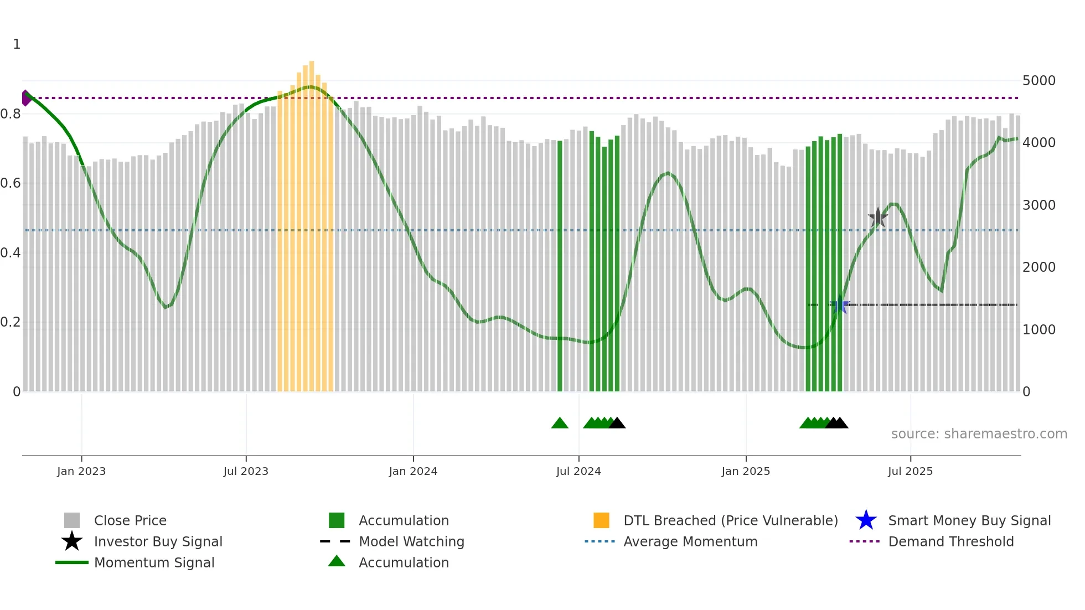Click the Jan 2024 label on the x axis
(413, 471)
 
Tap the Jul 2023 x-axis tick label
(246, 471)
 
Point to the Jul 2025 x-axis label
(910, 471)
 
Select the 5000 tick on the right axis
(1038, 81)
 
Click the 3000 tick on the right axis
(1038, 205)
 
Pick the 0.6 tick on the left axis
(11, 183)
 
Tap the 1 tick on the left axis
(17, 44)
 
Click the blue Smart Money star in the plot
(840, 305)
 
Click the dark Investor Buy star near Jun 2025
(877, 218)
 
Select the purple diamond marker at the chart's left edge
(26, 98)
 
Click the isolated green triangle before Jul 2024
(560, 423)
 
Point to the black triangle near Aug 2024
(617, 423)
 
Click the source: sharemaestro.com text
(979, 434)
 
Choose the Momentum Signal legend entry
(154, 563)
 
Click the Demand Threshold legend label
(950, 542)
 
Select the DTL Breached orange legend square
(601, 521)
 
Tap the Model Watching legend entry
(411, 542)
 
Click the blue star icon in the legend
(866, 521)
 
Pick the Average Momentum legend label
(690, 542)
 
